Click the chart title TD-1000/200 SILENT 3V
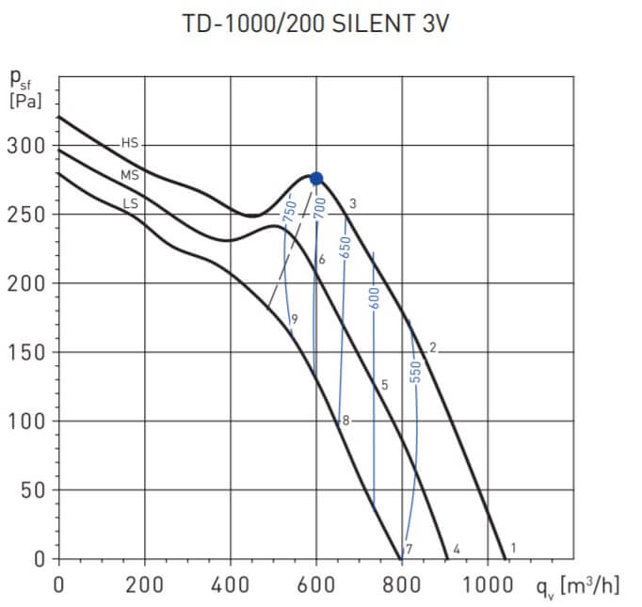point(315,24)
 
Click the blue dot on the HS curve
point(316,179)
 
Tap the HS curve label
point(130,143)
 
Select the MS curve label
point(130,175)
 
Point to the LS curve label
point(130,200)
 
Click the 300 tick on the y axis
point(25,146)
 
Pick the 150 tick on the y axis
point(25,352)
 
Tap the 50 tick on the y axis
point(30,490)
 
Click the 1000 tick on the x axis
point(488,584)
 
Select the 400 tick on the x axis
point(231,584)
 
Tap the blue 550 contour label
point(413,374)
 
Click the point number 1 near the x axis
point(513,547)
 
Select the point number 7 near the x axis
point(409,549)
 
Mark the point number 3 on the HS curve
point(352,203)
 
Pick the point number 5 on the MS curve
point(384,384)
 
